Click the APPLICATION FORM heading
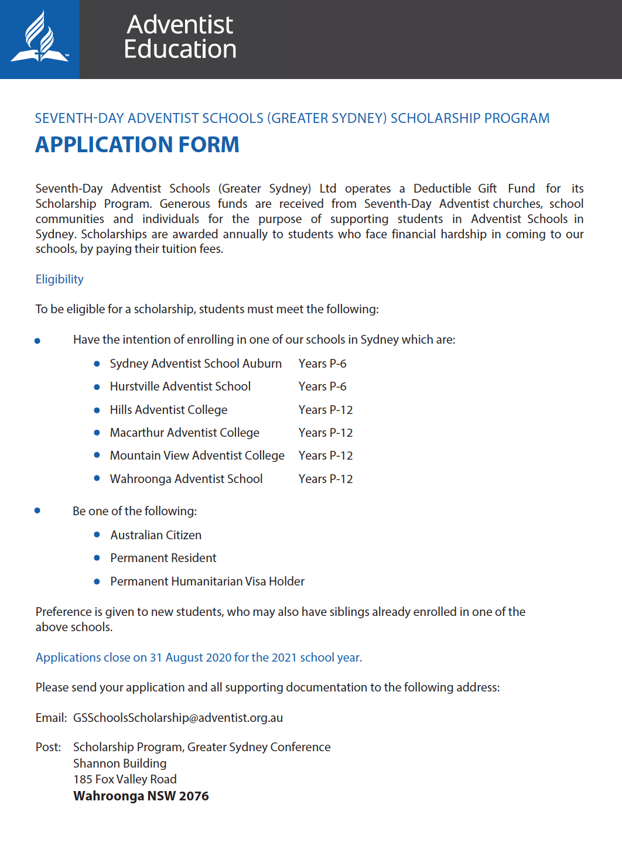point(137,145)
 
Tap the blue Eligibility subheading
point(59,279)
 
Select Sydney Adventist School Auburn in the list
point(196,364)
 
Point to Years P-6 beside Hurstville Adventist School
point(322,386)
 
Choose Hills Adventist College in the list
point(169,410)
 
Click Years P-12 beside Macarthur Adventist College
point(326,433)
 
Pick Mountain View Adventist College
point(197,456)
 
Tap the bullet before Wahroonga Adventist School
point(97,478)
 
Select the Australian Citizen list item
point(156,535)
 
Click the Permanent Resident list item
point(163,558)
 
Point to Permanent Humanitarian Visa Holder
point(207,581)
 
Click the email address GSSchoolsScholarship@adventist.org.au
point(178,718)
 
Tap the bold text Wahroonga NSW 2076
point(141,796)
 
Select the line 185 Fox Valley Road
point(125,779)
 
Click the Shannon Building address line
point(120,763)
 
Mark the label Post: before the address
point(48,747)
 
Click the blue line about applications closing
point(199,658)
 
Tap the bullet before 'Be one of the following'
point(37,511)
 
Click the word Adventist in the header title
point(180,25)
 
